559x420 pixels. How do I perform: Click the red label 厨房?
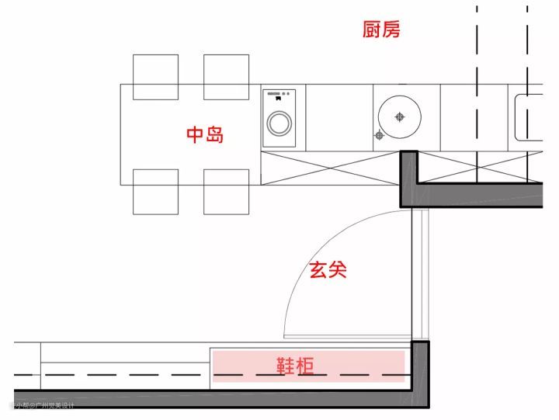pyautogui.click(x=381, y=30)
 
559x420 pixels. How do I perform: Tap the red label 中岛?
pyautogui.click(x=205, y=134)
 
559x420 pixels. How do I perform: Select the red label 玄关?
pyautogui.click(x=328, y=270)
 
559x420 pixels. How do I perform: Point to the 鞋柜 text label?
pyautogui.click(x=296, y=365)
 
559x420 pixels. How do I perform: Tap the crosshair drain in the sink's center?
pyautogui.click(x=400, y=116)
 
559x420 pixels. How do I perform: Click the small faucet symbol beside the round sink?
pyautogui.click(x=379, y=136)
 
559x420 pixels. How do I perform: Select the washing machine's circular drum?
pyautogui.click(x=279, y=123)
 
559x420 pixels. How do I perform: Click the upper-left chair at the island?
pyautogui.click(x=155, y=76)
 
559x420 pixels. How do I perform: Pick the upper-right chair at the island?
pyautogui.click(x=226, y=76)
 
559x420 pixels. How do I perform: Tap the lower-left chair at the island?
pyautogui.click(x=155, y=192)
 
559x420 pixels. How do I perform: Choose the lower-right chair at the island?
pyautogui.click(x=226, y=192)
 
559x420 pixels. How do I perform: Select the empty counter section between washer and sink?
pyautogui.click(x=339, y=118)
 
